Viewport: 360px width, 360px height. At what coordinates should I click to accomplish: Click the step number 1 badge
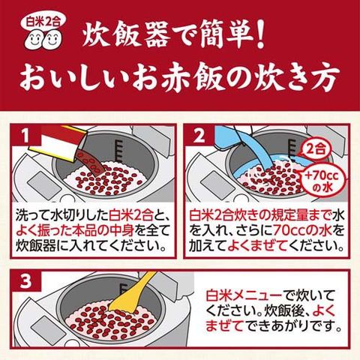point(25,135)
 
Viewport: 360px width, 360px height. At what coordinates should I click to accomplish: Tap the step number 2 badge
point(199,135)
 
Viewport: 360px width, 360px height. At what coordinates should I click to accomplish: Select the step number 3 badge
point(25,281)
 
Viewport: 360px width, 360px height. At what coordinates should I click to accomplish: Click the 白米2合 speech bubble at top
point(43,23)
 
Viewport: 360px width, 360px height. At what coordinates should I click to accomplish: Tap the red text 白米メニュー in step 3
point(244,295)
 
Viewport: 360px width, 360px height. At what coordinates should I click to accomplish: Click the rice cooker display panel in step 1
point(44,185)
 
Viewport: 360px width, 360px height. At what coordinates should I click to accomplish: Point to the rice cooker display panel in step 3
point(46,329)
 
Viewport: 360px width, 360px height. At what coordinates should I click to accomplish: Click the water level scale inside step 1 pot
point(118,150)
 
